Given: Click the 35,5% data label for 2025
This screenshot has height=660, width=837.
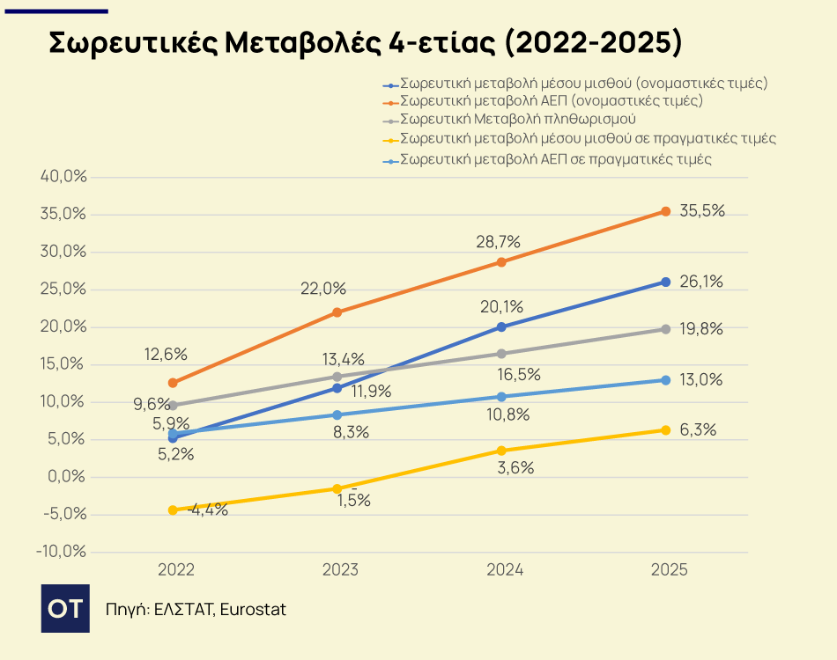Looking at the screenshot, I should click(x=702, y=211).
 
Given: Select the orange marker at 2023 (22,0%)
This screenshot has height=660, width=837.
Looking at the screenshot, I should click(x=337, y=312).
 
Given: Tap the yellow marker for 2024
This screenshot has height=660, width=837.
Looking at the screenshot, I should click(x=501, y=451).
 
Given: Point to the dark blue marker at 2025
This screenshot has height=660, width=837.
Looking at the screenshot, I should click(x=666, y=282).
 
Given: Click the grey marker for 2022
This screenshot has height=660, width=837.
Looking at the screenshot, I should click(x=173, y=406).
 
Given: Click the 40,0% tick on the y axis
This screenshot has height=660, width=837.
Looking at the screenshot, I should click(x=64, y=176).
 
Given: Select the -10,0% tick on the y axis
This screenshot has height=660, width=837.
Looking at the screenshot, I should click(x=62, y=553).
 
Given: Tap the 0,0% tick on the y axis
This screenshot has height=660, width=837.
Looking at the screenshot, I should click(x=67, y=477).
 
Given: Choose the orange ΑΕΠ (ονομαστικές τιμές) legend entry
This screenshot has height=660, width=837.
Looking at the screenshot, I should click(x=551, y=101).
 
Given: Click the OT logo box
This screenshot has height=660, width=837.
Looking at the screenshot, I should click(x=65, y=608).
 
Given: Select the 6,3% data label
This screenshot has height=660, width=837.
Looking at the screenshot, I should click(x=698, y=430).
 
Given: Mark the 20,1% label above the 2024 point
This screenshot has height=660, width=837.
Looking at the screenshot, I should click(x=501, y=307).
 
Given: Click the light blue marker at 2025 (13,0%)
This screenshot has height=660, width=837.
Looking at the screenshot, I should click(x=666, y=380).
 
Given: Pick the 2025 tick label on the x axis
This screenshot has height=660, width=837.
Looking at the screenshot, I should click(x=669, y=570).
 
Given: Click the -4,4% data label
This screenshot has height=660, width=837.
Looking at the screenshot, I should click(x=208, y=510).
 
